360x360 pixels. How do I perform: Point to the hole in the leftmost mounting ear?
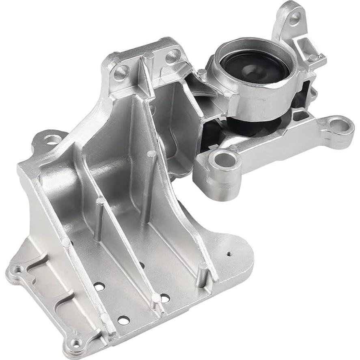point(52,140)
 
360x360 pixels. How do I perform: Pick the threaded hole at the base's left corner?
point(18,269)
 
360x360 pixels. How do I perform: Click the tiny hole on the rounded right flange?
point(229,254)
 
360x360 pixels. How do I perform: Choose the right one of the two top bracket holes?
point(172,56)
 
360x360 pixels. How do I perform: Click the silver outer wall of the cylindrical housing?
point(260,101)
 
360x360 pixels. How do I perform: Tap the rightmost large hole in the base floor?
point(165,298)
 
